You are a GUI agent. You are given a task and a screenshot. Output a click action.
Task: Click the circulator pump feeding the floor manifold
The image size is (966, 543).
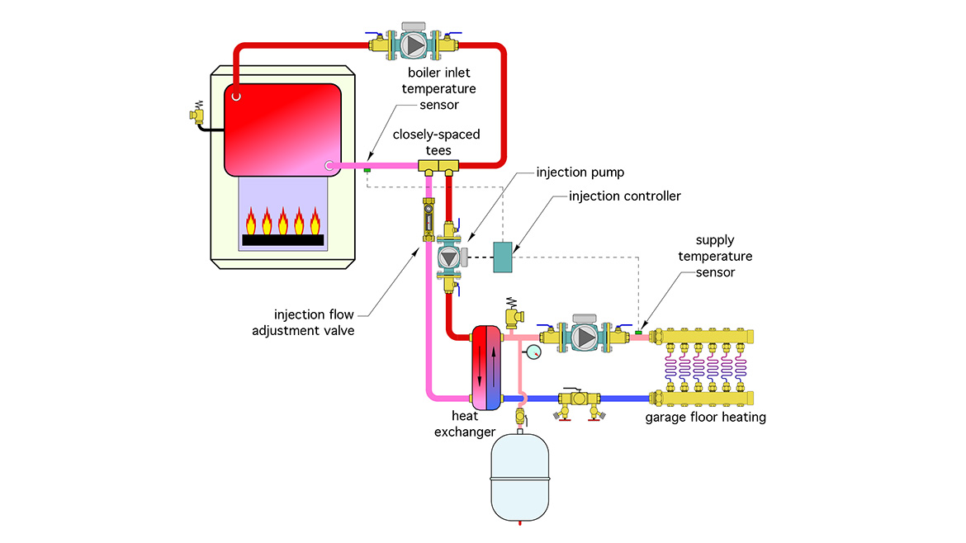(584, 338)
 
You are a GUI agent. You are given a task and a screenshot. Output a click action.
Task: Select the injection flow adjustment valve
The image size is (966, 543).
(429, 220)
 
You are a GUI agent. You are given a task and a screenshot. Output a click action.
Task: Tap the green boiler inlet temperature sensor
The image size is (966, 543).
(367, 171)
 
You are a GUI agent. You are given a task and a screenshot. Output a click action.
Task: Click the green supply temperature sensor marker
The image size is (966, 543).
(638, 333)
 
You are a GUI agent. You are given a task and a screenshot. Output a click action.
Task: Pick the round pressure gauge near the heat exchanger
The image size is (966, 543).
(534, 353)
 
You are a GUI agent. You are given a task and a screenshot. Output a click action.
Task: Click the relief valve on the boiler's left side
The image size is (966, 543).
(197, 116)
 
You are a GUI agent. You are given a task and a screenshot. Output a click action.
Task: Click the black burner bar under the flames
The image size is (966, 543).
(282, 240)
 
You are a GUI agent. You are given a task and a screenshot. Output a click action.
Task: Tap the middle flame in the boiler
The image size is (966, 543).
(282, 221)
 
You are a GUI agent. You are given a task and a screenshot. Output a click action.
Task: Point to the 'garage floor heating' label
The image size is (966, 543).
(706, 417)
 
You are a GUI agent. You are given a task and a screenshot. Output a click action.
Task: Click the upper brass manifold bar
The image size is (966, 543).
(711, 337)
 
